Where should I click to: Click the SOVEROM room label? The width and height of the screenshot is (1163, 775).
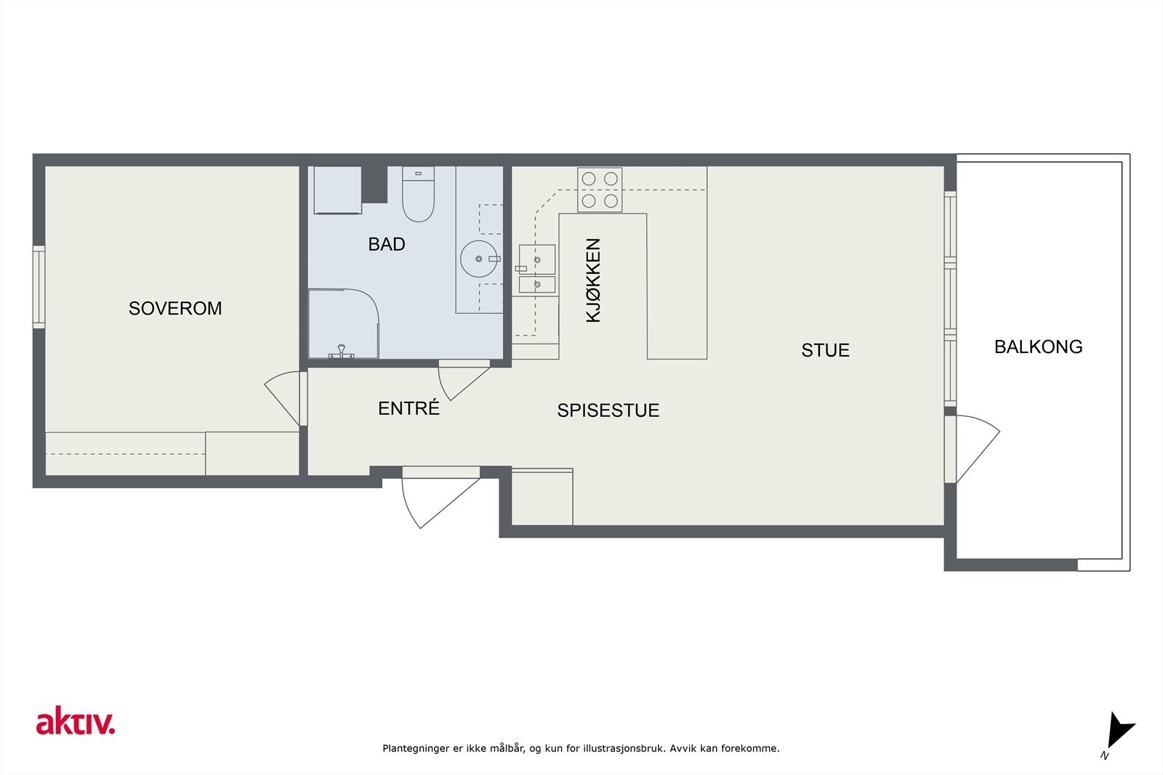tap(175, 309)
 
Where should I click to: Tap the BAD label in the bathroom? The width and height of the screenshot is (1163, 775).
tap(387, 244)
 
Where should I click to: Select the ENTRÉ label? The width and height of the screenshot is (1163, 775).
tap(409, 407)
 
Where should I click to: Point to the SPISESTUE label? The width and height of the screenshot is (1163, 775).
tap(608, 410)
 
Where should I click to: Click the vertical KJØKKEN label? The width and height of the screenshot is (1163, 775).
tap(593, 280)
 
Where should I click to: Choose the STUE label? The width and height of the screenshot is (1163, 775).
tap(825, 351)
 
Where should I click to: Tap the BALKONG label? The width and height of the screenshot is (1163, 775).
tap(1039, 347)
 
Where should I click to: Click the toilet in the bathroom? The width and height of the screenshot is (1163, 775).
tap(418, 194)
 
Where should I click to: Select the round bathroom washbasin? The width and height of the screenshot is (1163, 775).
tap(479, 259)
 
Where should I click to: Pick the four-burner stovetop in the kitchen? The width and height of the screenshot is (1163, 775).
tap(600, 190)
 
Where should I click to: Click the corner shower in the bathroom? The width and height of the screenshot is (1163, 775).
tap(343, 324)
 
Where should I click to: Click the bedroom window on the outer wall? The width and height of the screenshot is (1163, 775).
tap(39, 287)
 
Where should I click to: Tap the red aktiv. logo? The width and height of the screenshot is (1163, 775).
tap(76, 721)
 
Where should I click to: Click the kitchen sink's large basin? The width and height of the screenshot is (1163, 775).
tap(537, 259)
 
